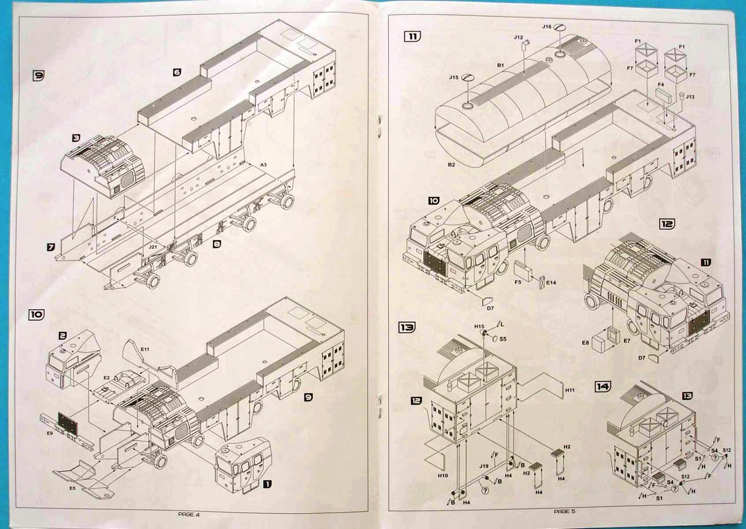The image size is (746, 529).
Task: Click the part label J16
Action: point(547,27)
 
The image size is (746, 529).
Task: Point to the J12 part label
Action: point(518,38)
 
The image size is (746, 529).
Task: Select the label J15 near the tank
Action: point(453,77)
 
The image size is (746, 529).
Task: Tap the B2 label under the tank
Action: point(451,165)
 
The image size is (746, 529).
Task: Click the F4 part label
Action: point(661,85)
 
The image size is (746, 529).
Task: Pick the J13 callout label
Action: point(690,97)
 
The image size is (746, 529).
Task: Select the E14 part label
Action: point(551,283)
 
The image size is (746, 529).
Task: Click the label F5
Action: point(518,282)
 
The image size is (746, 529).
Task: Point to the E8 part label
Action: point(585,343)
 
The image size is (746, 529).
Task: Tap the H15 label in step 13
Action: point(479,326)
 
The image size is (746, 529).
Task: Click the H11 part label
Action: point(570,390)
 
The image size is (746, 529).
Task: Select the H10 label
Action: point(443,476)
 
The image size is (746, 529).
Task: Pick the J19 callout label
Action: point(484,466)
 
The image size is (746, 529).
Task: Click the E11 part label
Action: point(145,349)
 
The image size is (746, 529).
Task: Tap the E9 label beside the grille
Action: point(50,433)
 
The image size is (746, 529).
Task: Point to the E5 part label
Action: point(73,488)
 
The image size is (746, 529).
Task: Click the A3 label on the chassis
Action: point(264,165)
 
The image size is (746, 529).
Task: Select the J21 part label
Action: point(153,246)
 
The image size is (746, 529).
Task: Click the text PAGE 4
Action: point(189,514)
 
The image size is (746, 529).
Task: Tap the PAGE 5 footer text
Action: point(564,511)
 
